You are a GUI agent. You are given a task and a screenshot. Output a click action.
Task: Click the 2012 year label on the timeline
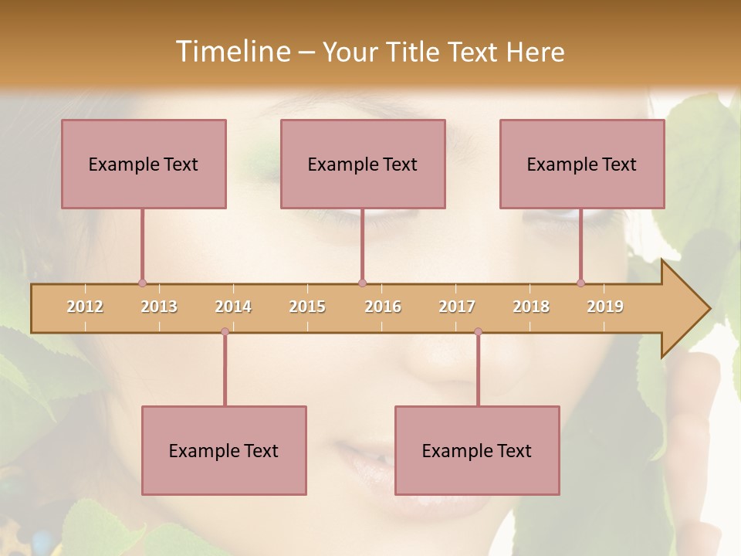(x=85, y=307)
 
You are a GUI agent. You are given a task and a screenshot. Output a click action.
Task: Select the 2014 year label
(x=233, y=307)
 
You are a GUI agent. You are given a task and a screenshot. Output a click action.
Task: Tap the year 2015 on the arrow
(x=307, y=307)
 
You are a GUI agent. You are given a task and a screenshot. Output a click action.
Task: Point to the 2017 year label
(x=457, y=307)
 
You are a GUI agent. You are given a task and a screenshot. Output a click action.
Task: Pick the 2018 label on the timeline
(x=531, y=307)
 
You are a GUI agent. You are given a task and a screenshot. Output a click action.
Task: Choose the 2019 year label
(x=605, y=307)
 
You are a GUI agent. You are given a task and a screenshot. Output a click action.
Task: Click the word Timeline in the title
(x=232, y=52)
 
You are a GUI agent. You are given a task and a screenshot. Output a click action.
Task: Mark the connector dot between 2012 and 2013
(x=142, y=283)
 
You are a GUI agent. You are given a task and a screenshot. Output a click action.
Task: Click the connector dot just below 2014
(x=225, y=332)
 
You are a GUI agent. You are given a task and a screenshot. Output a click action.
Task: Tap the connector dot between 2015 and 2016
(x=362, y=283)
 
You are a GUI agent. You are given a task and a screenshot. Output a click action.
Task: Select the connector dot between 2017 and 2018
(x=478, y=332)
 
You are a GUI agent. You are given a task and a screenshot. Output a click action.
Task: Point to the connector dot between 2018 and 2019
(x=580, y=283)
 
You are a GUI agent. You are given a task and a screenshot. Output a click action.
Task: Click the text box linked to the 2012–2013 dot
(x=144, y=164)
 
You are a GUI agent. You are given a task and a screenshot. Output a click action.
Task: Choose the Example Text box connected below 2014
(x=224, y=450)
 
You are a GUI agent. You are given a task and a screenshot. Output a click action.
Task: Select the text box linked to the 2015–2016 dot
(x=363, y=164)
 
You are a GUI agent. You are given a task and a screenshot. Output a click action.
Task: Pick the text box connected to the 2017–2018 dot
(x=477, y=450)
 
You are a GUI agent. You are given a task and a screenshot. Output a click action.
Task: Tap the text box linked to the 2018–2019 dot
(x=582, y=164)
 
